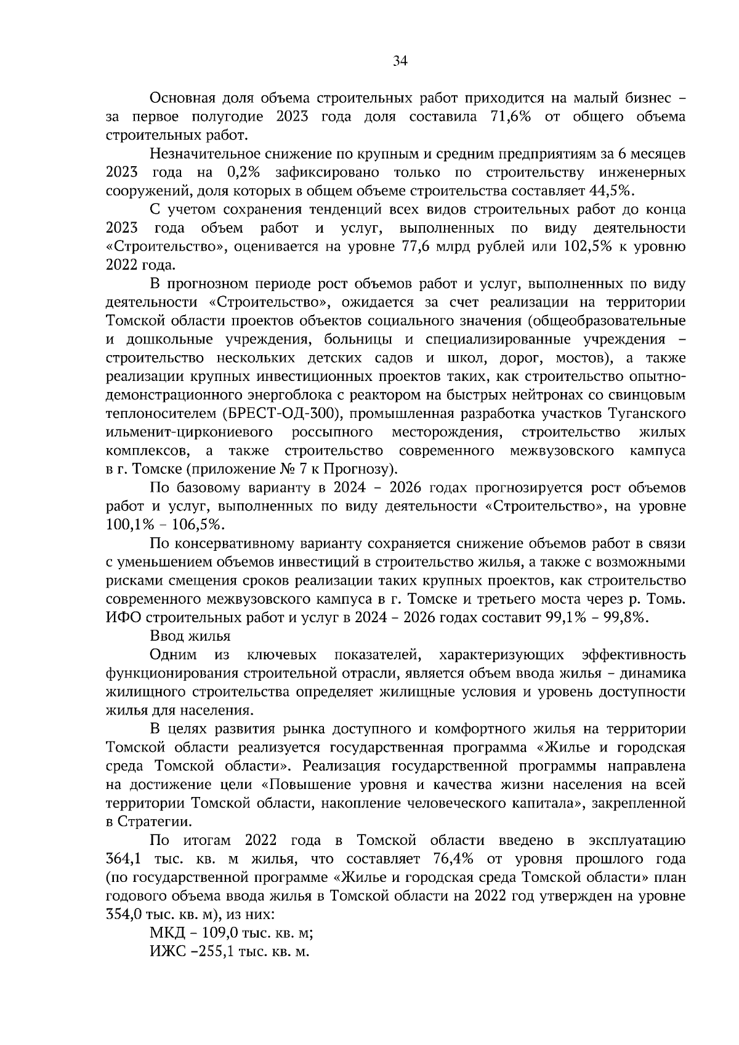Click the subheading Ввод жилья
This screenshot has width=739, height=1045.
[x=190, y=636]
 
